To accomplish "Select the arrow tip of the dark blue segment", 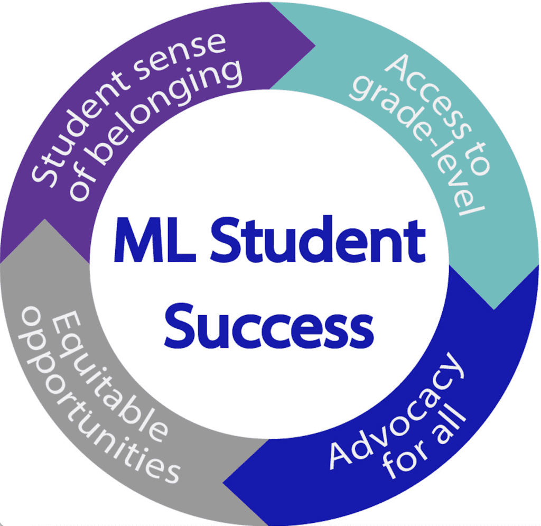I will click(224, 483).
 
